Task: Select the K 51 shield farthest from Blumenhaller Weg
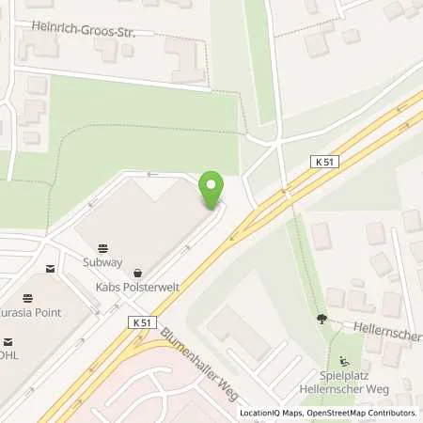tap(323, 163)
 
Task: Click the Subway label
tap(104, 261)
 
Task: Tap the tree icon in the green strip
tap(321, 320)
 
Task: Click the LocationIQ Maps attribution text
tap(271, 413)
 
